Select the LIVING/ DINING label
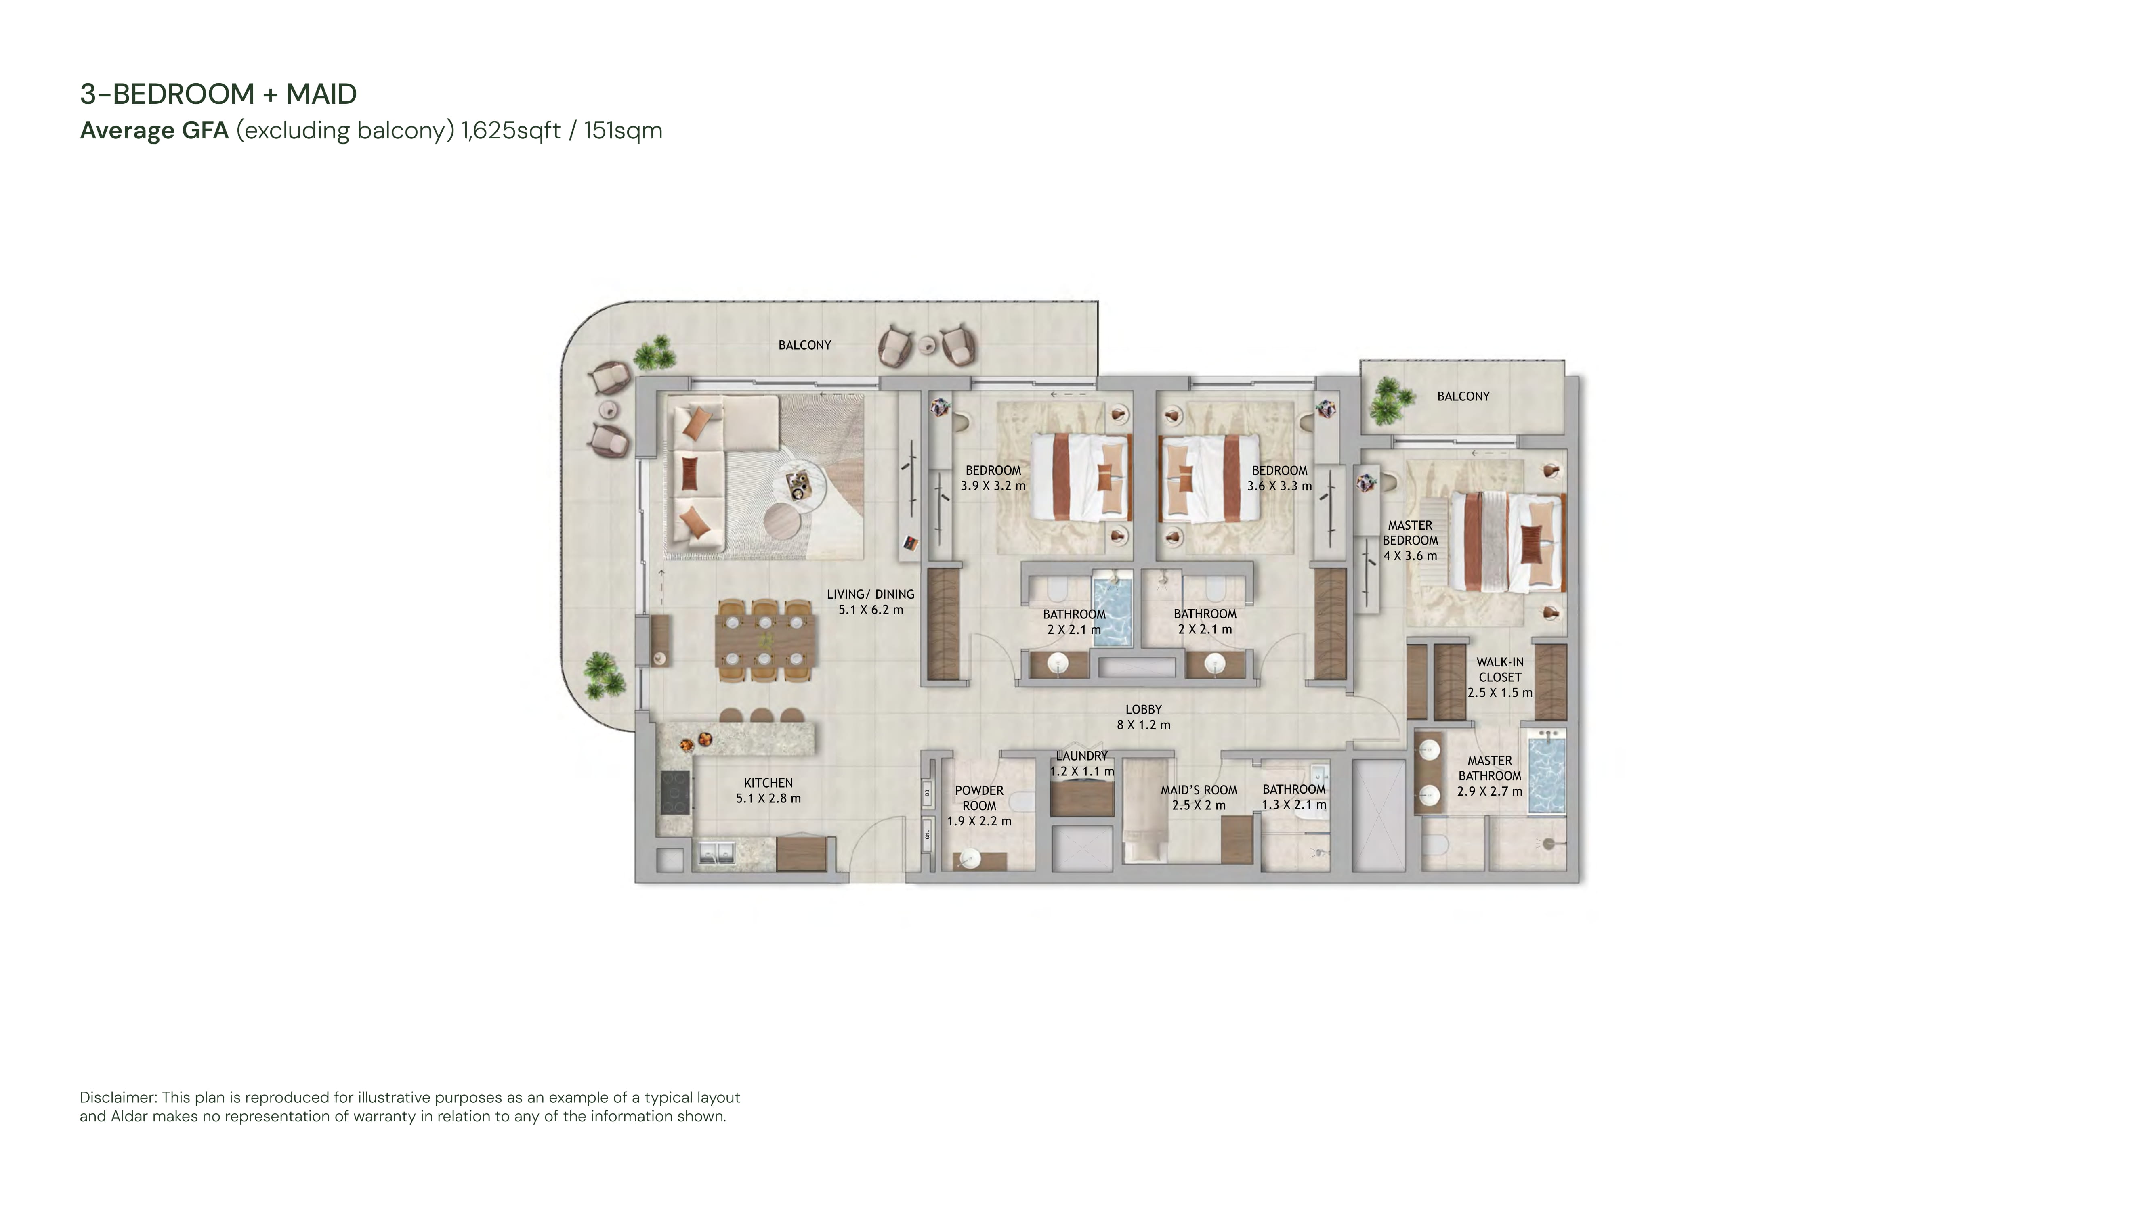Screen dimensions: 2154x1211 [x=871, y=602]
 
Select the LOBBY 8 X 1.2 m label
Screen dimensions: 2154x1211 [x=1144, y=717]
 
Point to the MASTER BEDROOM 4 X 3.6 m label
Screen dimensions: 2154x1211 [x=1410, y=540]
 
